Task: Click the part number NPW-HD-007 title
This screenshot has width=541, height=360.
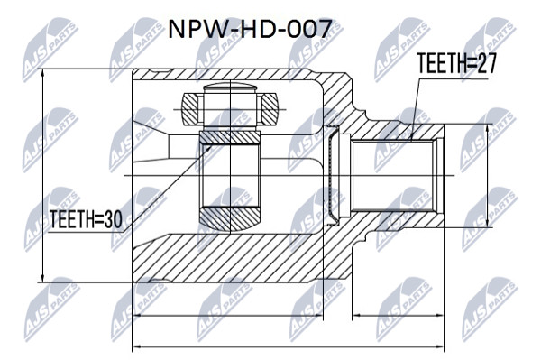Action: [x=250, y=29]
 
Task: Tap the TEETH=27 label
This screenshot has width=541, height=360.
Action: [x=456, y=63]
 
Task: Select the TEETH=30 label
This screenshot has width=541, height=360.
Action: [x=86, y=219]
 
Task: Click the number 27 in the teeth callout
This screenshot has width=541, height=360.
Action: [x=485, y=63]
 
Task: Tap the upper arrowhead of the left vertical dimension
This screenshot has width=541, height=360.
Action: [x=42, y=73]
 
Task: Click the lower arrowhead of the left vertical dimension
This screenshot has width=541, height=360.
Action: [x=42, y=278]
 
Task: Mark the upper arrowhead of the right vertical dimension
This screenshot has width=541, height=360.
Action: [x=487, y=129]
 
